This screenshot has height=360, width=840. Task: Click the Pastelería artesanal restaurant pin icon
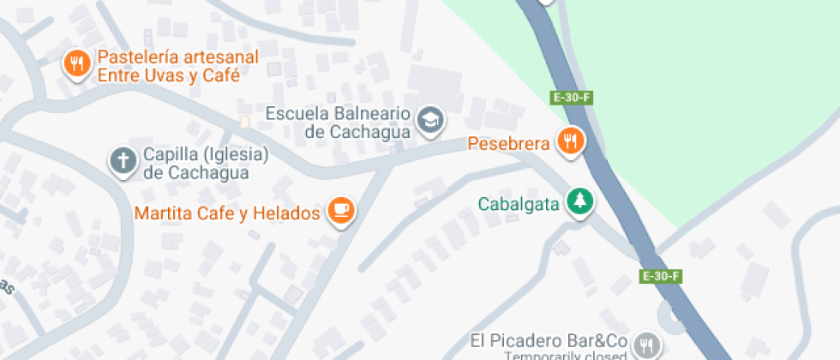77,64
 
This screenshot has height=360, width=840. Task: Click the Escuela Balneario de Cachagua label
339,123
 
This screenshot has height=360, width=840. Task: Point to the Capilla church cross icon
123,160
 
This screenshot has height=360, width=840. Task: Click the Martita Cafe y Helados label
228,212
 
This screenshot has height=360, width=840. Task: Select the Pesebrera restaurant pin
570,140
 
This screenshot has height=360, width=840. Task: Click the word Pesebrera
507,142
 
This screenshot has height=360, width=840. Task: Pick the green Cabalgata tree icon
582,202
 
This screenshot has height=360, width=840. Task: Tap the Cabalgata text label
519,204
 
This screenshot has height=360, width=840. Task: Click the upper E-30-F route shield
572,97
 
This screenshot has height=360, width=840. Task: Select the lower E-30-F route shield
661,276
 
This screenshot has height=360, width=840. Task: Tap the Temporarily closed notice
561,356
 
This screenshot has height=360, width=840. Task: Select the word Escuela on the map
295,113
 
